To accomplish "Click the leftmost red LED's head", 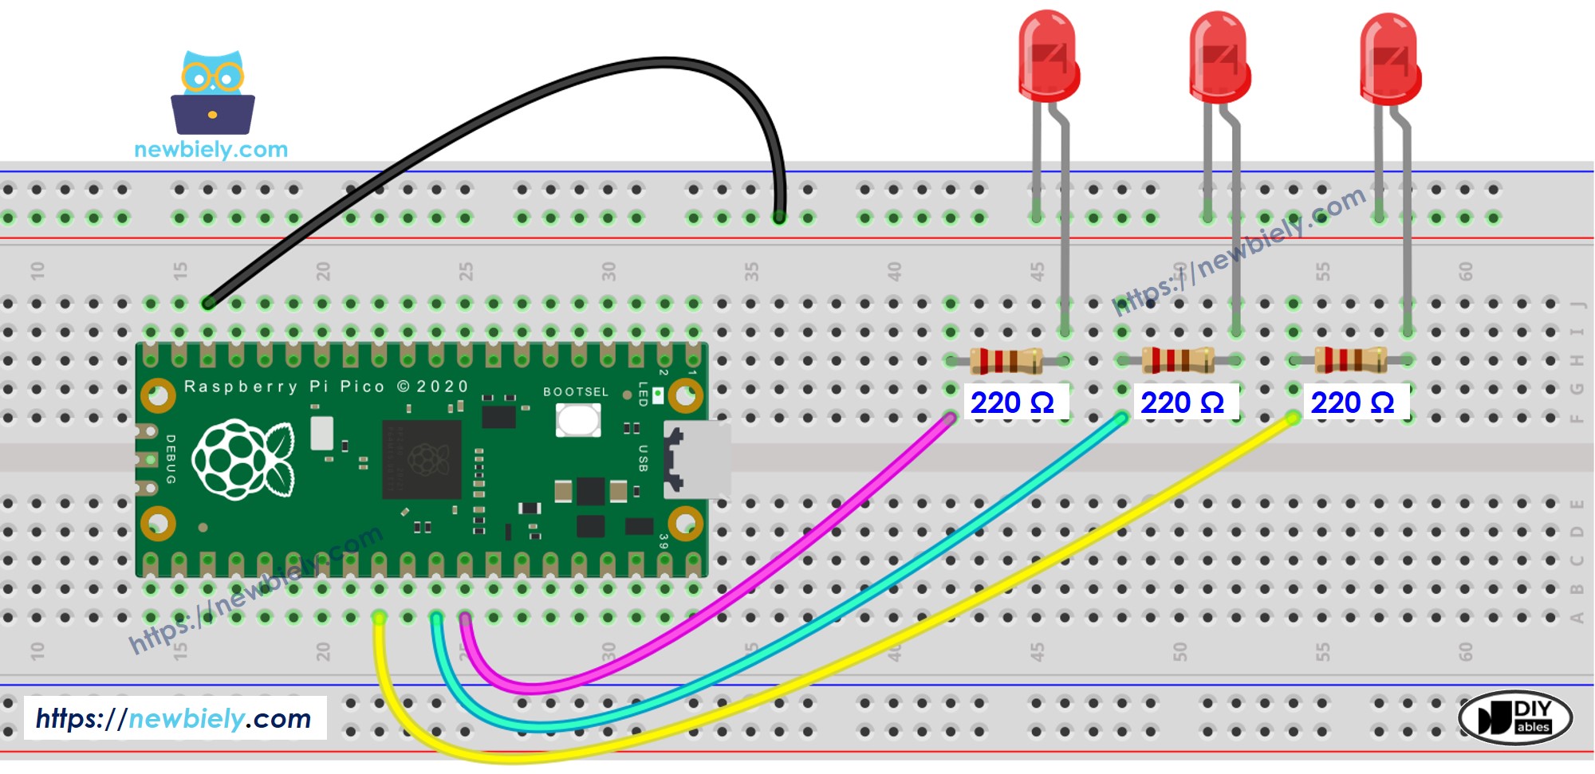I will point(1048,56).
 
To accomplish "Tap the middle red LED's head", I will point(1219,57).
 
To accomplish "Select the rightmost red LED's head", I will point(1389,59).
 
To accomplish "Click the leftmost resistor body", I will point(1006,361).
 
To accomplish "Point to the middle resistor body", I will point(1178,361).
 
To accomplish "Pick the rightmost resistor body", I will point(1349,361).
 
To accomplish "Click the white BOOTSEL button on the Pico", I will point(578,420).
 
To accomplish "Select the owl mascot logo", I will point(212,93).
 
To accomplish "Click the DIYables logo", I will point(1514,717).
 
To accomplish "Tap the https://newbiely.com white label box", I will point(175,718).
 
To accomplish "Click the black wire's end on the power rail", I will point(779,217).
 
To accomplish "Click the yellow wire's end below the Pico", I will point(379,619).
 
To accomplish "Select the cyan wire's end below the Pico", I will point(436,619).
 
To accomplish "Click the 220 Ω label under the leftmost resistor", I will point(1012,403).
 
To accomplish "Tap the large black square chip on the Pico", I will point(422,460).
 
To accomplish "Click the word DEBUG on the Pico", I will point(170,459).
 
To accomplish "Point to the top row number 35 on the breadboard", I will point(751,272).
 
